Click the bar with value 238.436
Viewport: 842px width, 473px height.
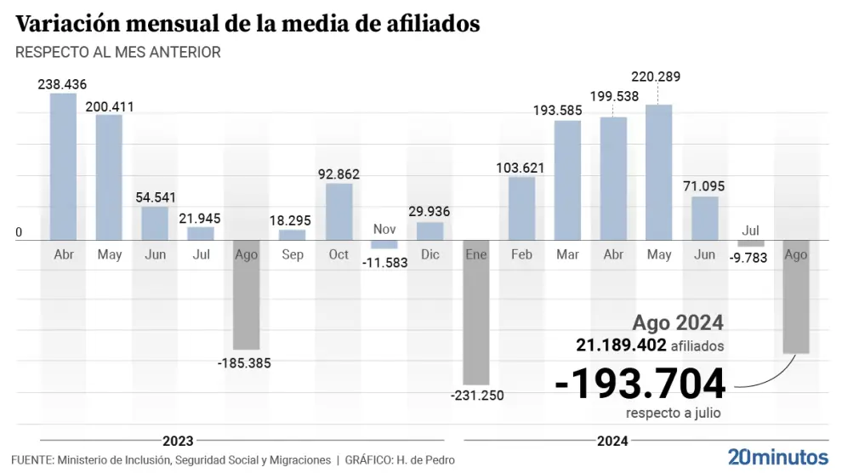(x=63, y=167)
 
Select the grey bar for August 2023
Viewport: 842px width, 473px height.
(x=247, y=294)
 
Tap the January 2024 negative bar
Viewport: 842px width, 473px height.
(x=476, y=312)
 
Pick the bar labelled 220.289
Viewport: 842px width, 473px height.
(x=659, y=173)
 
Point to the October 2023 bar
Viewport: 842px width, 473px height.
(x=339, y=212)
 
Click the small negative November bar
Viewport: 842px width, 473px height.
(x=384, y=245)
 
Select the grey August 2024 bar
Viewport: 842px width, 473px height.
(x=796, y=297)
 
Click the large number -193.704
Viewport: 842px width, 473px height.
(x=640, y=385)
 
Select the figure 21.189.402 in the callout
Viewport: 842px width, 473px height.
(x=619, y=345)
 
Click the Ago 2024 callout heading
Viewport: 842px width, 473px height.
(x=678, y=323)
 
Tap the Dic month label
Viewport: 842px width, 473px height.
(x=430, y=254)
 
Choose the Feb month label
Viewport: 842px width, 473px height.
(x=521, y=254)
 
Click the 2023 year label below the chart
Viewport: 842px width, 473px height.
(x=178, y=441)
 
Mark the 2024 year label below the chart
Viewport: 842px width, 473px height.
(x=612, y=441)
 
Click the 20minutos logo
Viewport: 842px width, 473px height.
(x=777, y=455)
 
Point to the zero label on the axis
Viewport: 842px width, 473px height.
(x=19, y=233)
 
